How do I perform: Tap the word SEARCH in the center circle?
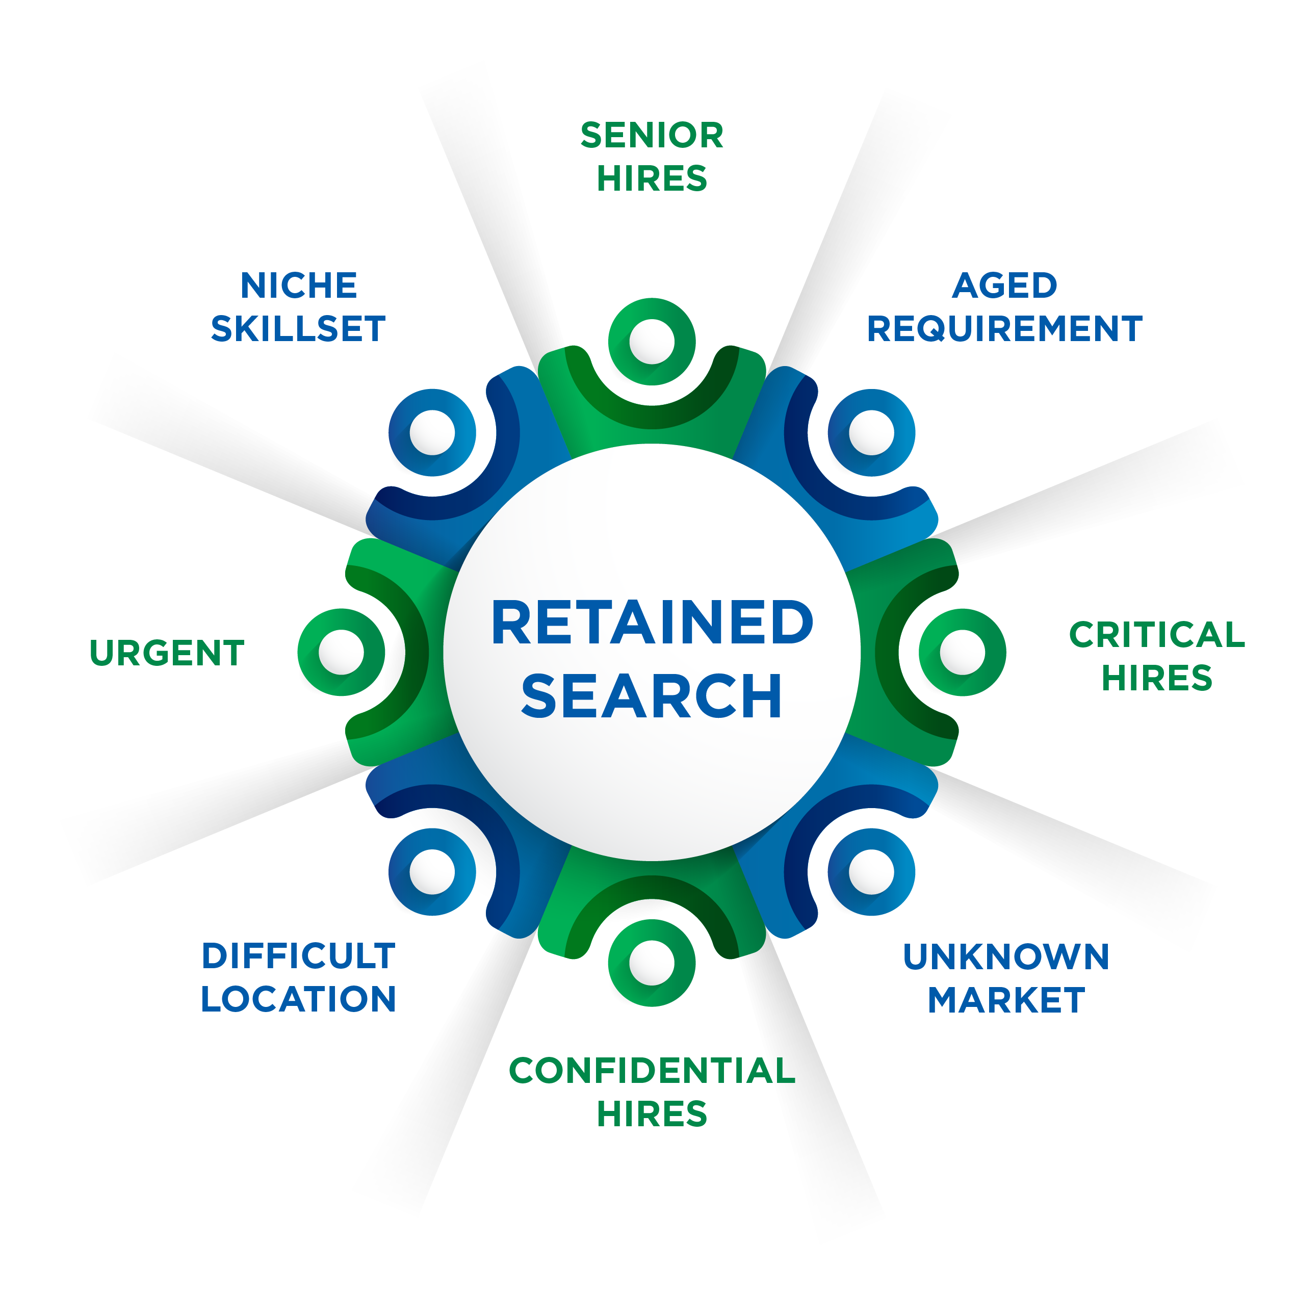pos(652,696)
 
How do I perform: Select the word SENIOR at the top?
pos(652,136)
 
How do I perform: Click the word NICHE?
pos(298,286)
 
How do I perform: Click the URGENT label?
pos(167,653)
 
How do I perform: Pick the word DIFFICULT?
pos(298,956)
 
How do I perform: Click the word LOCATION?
pos(298,999)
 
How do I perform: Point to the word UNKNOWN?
pos(1005,956)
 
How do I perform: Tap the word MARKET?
pos(1005,1000)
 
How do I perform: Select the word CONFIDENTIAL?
pos(652,1071)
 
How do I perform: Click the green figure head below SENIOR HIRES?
pos(652,342)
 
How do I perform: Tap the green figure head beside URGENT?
pos(341,652)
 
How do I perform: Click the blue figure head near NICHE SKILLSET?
pos(432,432)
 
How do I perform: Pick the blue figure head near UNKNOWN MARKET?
pos(871,871)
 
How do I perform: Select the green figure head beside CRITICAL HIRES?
pos(962,652)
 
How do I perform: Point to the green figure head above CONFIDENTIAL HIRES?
pos(652,963)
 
